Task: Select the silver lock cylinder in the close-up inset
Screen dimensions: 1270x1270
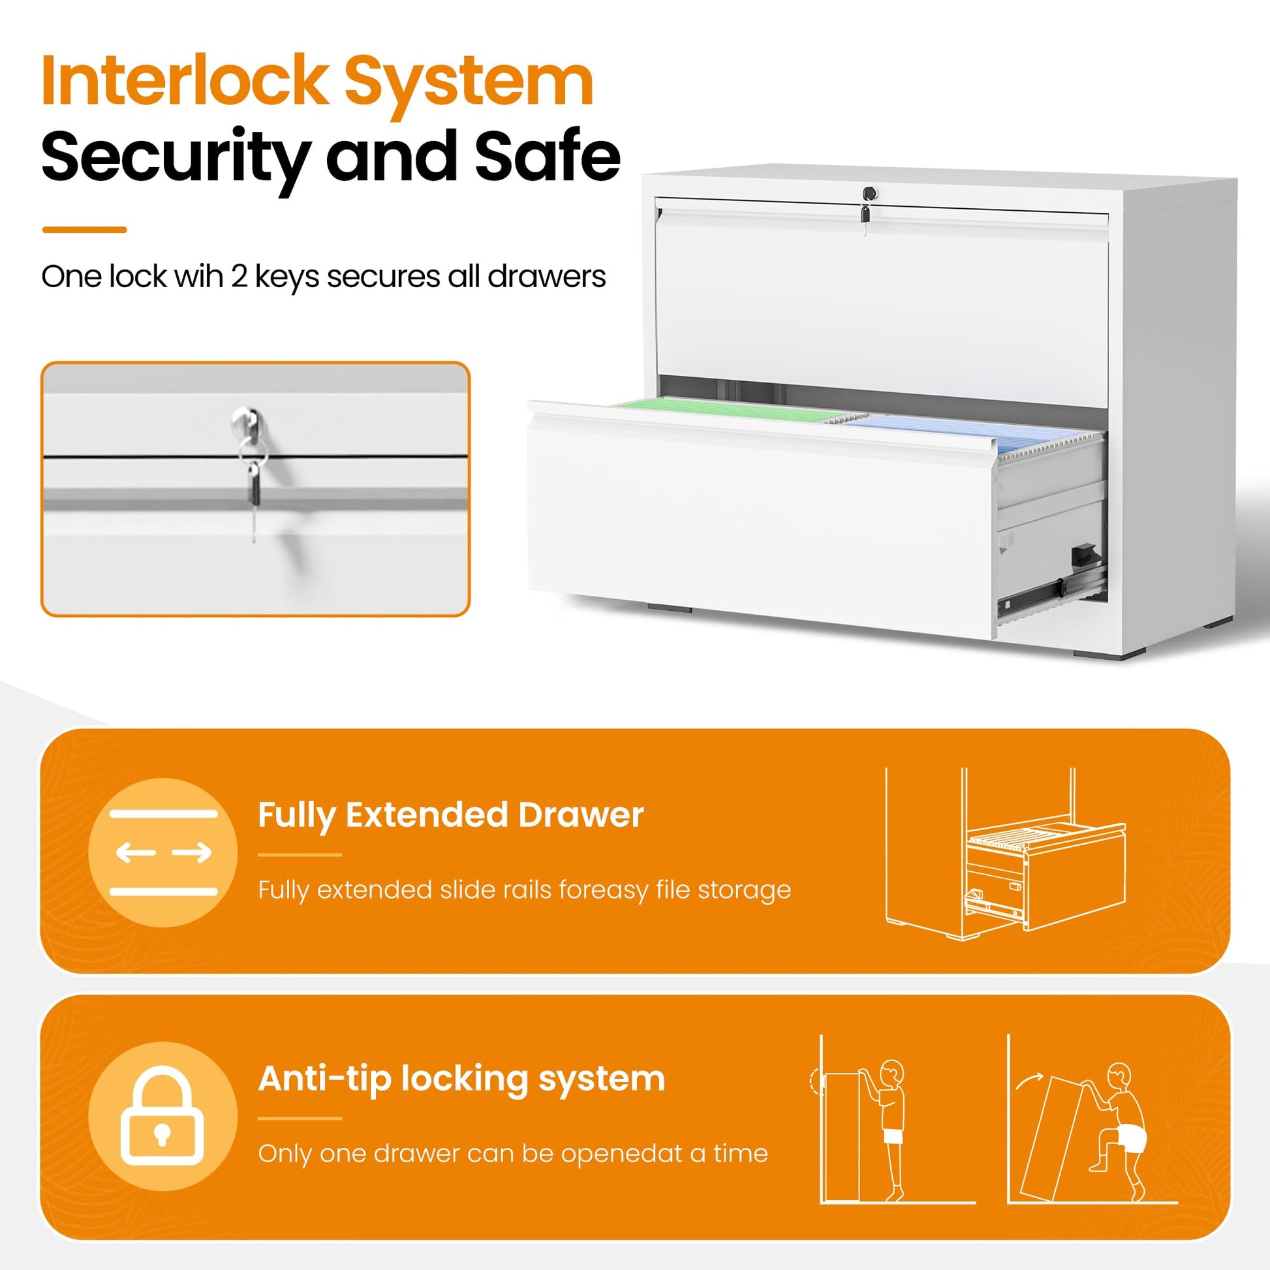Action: (244, 422)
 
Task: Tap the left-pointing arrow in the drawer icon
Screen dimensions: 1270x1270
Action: (136, 852)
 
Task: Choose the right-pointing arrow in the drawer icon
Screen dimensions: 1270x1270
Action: (192, 852)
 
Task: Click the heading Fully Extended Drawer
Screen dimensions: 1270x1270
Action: (450, 815)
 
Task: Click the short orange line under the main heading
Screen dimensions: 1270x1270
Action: (84, 230)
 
